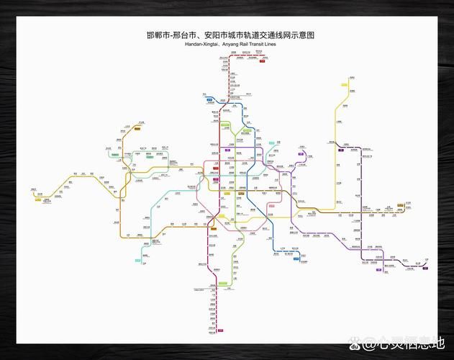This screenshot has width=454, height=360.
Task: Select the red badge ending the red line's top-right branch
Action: tap(263, 61)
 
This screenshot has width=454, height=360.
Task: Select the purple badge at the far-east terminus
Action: tap(425, 269)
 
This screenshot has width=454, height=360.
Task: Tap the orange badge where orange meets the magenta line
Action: tap(213, 230)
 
